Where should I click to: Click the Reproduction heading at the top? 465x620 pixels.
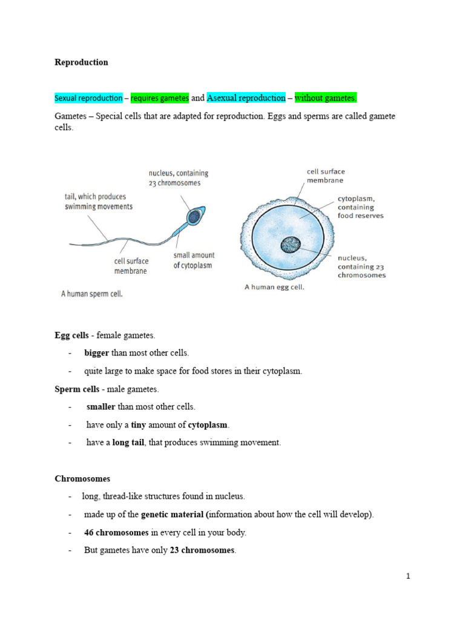pyautogui.click(x=81, y=62)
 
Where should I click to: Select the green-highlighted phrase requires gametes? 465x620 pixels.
pyautogui.click(x=160, y=98)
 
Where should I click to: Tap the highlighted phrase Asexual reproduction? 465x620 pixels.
pyautogui.click(x=246, y=98)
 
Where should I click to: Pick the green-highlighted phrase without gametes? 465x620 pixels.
pyautogui.click(x=326, y=98)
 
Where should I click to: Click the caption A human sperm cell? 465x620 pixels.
pyautogui.click(x=91, y=294)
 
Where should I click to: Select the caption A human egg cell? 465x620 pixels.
pyautogui.click(x=274, y=288)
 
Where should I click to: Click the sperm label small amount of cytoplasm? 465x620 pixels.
pyautogui.click(x=194, y=260)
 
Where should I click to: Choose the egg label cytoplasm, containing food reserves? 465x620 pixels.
pyautogui.click(x=360, y=207)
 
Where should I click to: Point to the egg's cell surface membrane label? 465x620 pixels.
pyautogui.click(x=326, y=176)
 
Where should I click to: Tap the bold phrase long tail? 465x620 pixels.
pyautogui.click(x=129, y=443)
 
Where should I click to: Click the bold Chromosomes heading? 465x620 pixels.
pyautogui.click(x=82, y=478)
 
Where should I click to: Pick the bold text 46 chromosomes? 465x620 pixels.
pyautogui.click(x=116, y=533)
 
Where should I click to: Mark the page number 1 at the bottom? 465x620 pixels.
pyautogui.click(x=409, y=576)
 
